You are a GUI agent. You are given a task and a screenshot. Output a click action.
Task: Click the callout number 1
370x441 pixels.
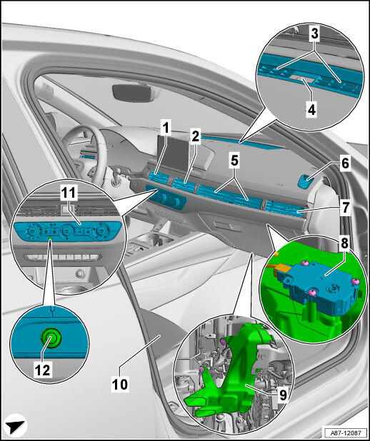(x=166, y=128)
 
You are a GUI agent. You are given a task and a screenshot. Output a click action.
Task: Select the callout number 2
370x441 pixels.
(x=195, y=137)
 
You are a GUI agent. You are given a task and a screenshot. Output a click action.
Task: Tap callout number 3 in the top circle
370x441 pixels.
(x=314, y=34)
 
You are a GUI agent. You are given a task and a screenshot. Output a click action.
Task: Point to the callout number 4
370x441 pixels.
(x=311, y=110)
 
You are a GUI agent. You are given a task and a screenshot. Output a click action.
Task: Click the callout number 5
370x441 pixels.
(x=234, y=161)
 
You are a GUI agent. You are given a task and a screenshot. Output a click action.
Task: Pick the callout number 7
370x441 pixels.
(x=345, y=208)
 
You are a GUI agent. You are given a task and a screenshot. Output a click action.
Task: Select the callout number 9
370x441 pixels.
(x=281, y=396)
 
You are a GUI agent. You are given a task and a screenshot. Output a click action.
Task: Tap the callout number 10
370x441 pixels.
(x=120, y=384)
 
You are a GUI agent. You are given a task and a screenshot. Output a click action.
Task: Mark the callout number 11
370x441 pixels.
(x=69, y=193)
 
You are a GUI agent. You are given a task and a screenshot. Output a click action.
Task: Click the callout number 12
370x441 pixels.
(x=43, y=370)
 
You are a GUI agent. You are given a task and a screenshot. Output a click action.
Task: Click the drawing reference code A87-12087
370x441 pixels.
(x=345, y=432)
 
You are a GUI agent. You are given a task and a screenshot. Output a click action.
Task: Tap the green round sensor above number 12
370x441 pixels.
(x=51, y=339)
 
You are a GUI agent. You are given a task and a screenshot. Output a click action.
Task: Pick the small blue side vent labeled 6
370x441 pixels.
(x=304, y=181)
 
